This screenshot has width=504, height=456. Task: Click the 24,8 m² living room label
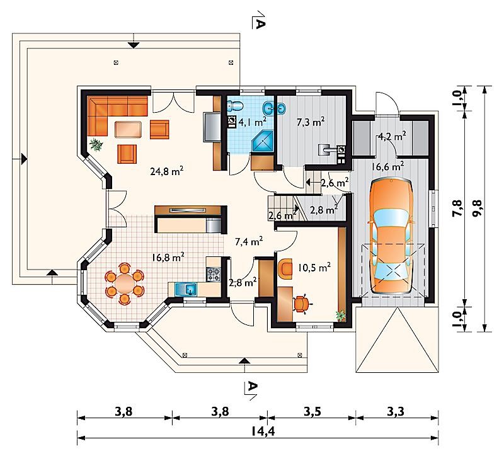point(167,171)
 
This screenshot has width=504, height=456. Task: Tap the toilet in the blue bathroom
point(234,105)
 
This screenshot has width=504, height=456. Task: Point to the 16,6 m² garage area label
point(387,166)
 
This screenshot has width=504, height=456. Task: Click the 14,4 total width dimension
point(263,431)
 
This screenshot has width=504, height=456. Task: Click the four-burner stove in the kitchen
point(214,274)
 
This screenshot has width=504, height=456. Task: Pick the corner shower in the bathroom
point(263,140)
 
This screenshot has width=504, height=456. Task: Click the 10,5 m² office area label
point(314,268)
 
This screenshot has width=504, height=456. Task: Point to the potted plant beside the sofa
point(96,144)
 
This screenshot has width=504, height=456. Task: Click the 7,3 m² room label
point(310,122)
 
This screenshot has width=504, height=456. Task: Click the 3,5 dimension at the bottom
point(312,411)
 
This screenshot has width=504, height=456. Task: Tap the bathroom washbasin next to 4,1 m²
point(275,108)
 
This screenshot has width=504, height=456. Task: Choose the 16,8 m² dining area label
point(168,258)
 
